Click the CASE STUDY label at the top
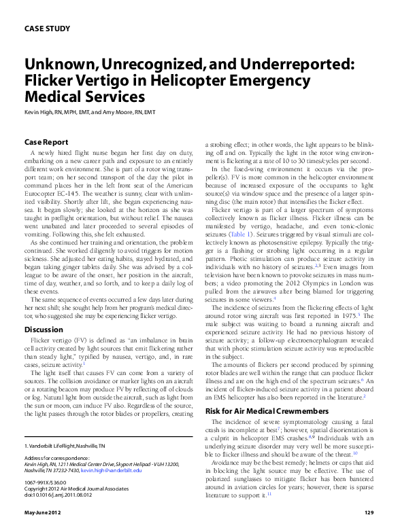[47, 29]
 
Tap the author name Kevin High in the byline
[40, 111]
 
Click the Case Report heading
[46, 143]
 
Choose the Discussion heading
[44, 330]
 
